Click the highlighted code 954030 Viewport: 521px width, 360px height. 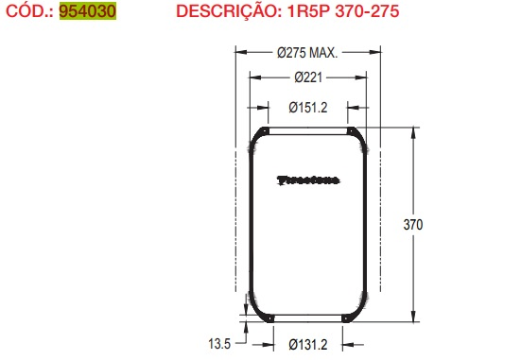[x=87, y=12]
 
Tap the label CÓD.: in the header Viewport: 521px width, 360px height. [x=28, y=12]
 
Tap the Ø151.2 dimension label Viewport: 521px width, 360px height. [x=308, y=107]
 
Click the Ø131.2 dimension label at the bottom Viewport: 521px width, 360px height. [x=308, y=344]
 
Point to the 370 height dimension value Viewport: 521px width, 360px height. [x=413, y=225]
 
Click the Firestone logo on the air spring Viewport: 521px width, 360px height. [x=308, y=179]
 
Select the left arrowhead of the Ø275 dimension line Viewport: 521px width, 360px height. [x=237, y=53]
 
